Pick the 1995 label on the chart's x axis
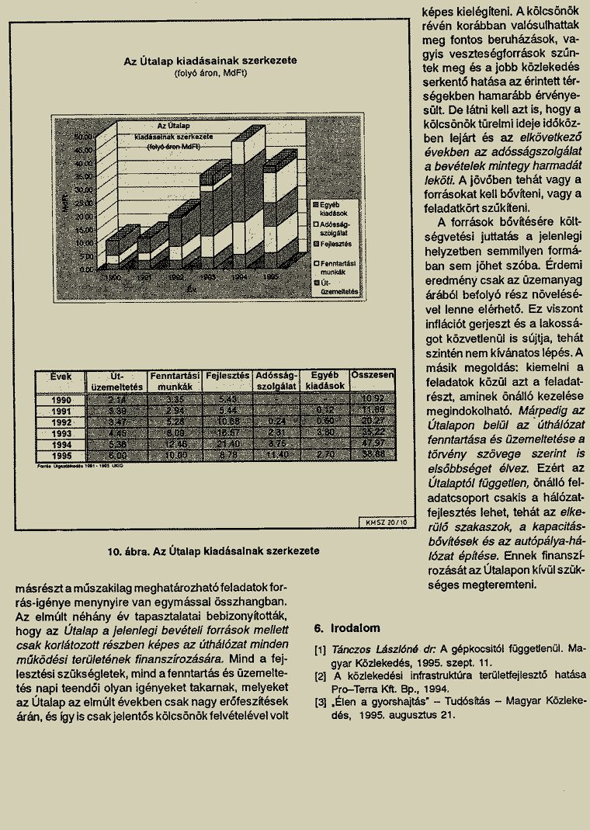(270, 276)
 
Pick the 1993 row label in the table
(61, 432)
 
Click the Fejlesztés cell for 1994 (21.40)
(227, 443)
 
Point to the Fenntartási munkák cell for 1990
(175, 399)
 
